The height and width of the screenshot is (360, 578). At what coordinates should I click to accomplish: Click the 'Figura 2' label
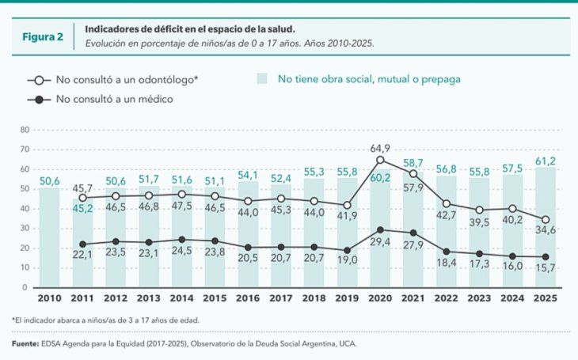[43, 36]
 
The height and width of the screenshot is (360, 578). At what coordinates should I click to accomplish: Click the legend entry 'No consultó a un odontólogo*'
[126, 80]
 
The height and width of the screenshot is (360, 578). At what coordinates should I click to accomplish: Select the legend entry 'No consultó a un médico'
[113, 99]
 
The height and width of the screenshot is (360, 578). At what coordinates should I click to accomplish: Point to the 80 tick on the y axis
[25, 130]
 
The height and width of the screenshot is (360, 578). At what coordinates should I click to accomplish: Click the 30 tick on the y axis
[25, 229]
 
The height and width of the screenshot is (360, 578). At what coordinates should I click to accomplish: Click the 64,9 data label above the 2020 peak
[380, 149]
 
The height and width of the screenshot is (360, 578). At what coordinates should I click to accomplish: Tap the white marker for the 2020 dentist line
[380, 160]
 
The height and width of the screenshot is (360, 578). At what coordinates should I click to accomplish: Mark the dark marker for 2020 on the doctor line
[380, 229]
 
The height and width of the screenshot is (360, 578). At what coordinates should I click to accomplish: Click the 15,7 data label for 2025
[544, 269]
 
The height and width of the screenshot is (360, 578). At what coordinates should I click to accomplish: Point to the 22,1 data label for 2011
[82, 255]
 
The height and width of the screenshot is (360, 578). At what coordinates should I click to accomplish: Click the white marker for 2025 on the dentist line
[544, 219]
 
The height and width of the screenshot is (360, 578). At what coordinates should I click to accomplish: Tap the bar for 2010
[49, 237]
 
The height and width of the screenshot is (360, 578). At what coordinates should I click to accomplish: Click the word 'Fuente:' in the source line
[27, 344]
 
